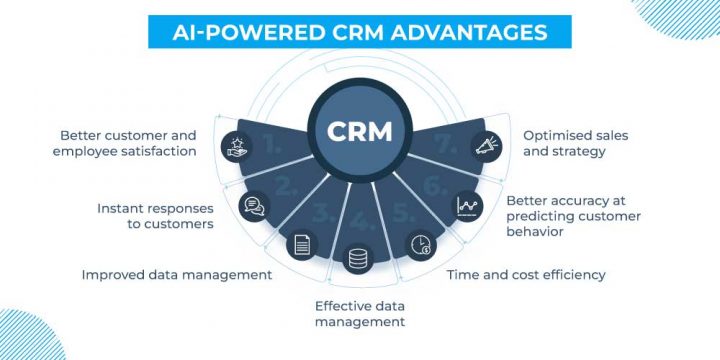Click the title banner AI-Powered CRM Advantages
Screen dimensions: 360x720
pyautogui.click(x=360, y=32)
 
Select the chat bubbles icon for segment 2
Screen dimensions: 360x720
pyautogui.click(x=254, y=206)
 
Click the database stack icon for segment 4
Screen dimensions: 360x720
pyautogui.click(x=359, y=259)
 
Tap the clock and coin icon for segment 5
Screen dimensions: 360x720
pyautogui.click(x=417, y=244)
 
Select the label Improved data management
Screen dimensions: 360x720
pyautogui.click(x=176, y=274)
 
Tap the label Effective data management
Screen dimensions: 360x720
pyautogui.click(x=359, y=314)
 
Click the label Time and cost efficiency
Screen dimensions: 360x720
pyautogui.click(x=527, y=274)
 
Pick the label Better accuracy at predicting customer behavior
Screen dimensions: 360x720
pyautogui.click(x=573, y=215)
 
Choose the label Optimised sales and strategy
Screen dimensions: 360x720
pyautogui.click(x=566, y=142)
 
